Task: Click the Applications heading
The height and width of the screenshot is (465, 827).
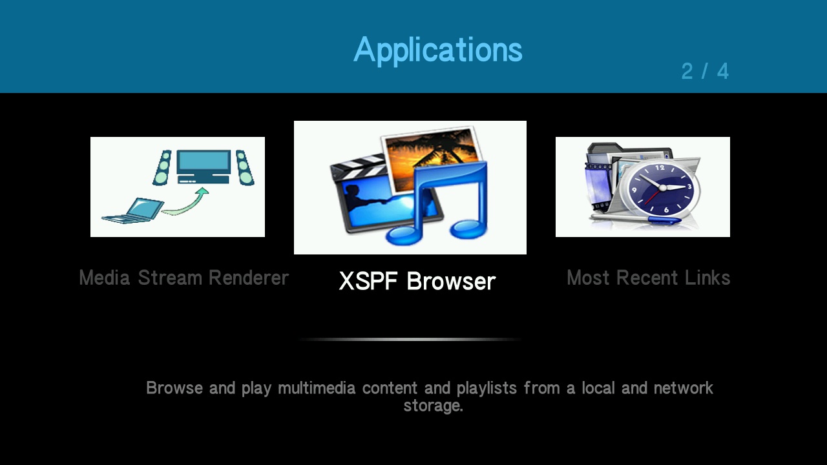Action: coord(438,50)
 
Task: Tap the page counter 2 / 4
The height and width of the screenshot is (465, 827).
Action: coord(705,71)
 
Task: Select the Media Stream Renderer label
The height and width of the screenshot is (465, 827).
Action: coord(184,278)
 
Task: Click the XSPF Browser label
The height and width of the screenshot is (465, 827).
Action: coord(417,281)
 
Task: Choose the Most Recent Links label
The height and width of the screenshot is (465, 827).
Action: coord(649,278)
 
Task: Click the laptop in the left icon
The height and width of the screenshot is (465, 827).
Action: coord(133,211)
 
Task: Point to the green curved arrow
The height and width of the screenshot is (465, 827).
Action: coord(185,201)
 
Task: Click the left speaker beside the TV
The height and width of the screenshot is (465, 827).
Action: coord(162,167)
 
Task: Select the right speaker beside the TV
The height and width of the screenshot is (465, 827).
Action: coord(245,167)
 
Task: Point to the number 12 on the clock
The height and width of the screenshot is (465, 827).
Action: coord(660,168)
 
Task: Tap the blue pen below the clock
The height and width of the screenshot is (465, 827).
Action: coord(636,218)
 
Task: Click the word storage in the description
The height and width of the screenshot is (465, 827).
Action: coord(433,406)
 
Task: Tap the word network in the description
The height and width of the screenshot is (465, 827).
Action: coord(683,388)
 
